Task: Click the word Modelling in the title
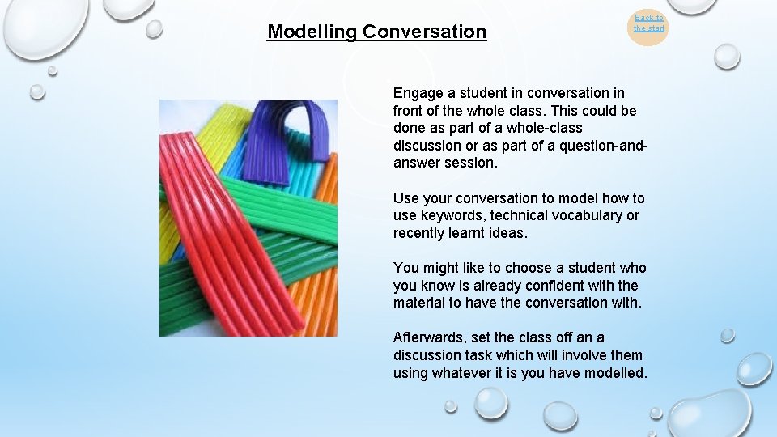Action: pos(312,32)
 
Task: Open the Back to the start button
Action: pos(648,23)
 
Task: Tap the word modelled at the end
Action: pos(618,373)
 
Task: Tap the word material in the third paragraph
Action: pos(420,303)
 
